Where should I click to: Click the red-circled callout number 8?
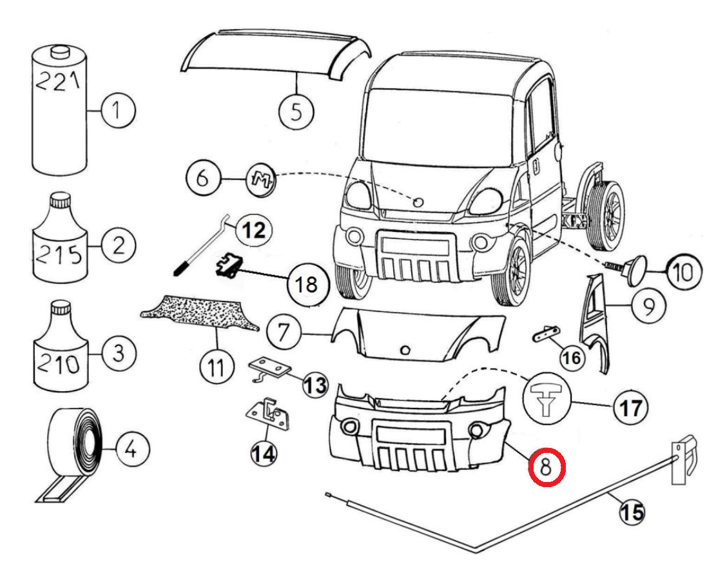(x=547, y=467)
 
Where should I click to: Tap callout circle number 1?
(x=118, y=111)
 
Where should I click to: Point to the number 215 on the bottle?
(x=59, y=254)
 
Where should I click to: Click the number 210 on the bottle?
(x=59, y=364)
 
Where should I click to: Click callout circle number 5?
(x=296, y=111)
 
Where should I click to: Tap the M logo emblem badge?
(x=260, y=179)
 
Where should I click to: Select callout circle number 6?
(x=203, y=178)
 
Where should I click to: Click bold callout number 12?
(x=254, y=231)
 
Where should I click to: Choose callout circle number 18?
(x=307, y=284)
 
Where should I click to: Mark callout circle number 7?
(x=284, y=332)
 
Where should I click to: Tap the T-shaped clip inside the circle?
(x=547, y=399)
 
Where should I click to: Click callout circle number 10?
(x=684, y=272)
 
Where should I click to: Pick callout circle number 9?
(x=648, y=306)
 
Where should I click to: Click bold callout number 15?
(x=632, y=513)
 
